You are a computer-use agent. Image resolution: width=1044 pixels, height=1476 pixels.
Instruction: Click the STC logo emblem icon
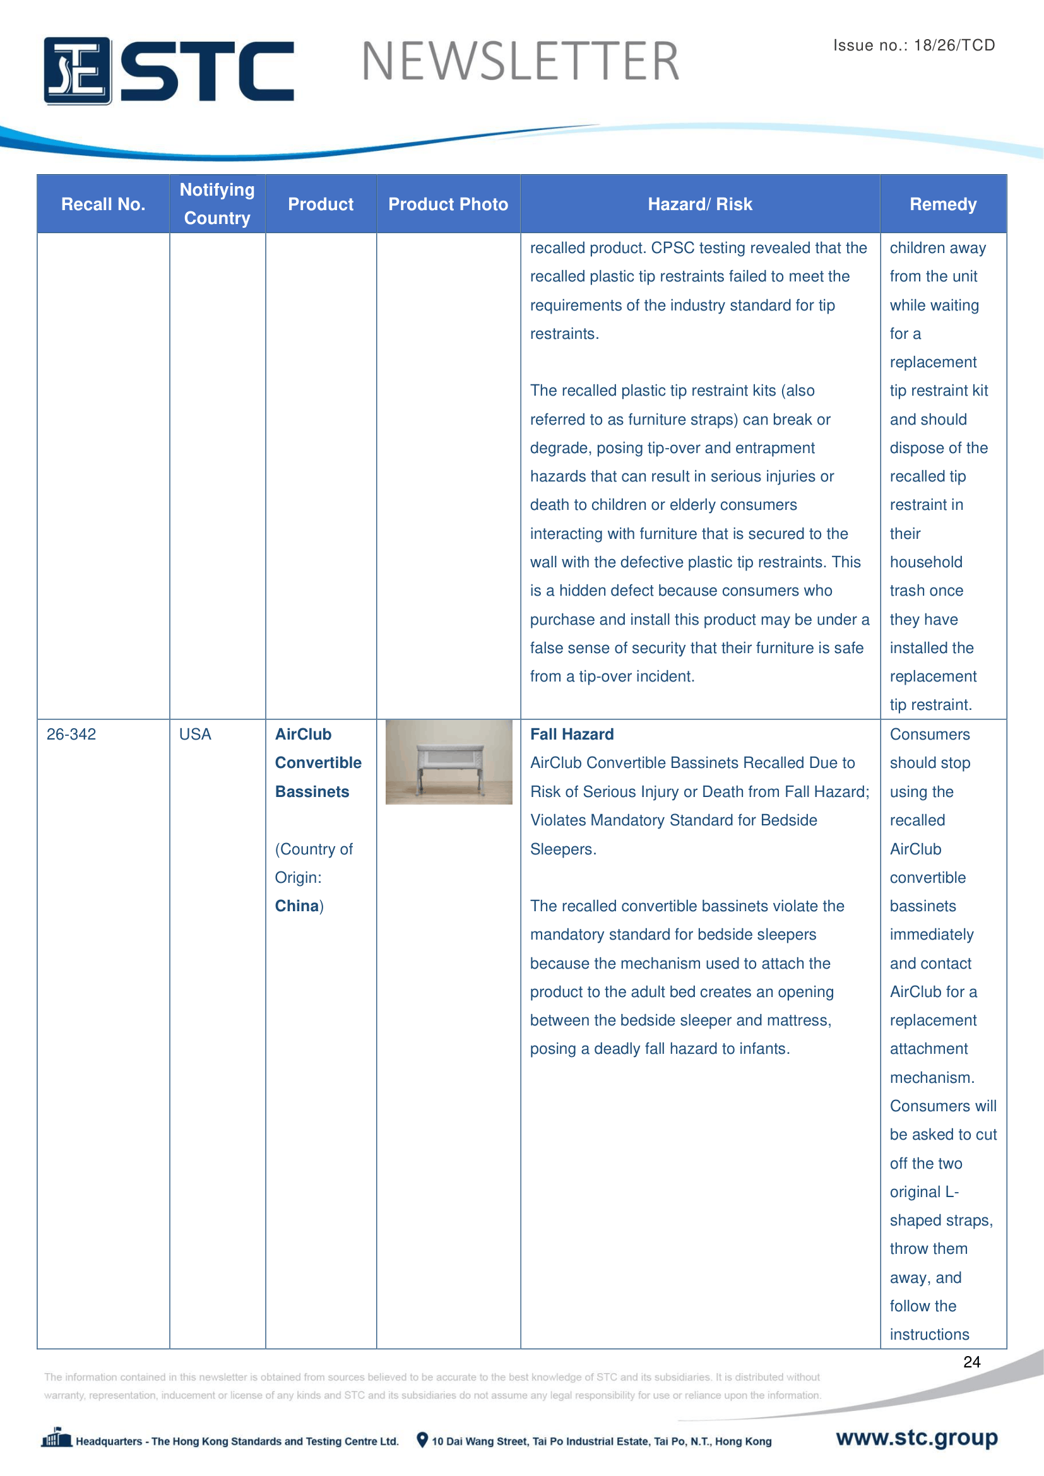click(x=77, y=71)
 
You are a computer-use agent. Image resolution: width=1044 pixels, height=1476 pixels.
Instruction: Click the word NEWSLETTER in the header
click(x=520, y=62)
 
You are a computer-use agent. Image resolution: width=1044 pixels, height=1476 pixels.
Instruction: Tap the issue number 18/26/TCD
click(x=954, y=45)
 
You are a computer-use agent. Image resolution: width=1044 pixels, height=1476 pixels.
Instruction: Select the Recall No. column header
click(x=103, y=204)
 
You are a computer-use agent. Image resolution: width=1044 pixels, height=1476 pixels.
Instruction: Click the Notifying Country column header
click(x=217, y=204)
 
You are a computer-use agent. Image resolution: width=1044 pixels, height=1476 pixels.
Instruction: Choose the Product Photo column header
click(x=448, y=204)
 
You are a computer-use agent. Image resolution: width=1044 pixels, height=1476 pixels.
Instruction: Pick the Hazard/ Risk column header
click(x=699, y=204)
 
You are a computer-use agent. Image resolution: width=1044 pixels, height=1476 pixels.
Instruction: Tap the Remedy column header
click(x=942, y=204)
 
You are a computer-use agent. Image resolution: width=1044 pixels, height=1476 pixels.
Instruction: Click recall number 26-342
click(x=71, y=734)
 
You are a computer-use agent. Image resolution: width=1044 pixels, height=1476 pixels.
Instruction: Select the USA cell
click(x=195, y=734)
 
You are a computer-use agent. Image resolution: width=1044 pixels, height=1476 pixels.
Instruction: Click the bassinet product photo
click(x=449, y=762)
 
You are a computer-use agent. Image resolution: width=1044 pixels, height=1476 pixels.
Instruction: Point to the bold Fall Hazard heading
click(x=571, y=734)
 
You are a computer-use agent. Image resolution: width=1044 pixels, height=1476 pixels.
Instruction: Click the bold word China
click(x=297, y=906)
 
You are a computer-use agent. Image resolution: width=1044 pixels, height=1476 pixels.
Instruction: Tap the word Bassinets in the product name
click(x=312, y=791)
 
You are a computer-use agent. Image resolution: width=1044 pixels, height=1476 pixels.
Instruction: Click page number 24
click(x=971, y=1362)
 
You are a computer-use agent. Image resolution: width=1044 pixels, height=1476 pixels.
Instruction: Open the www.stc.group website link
click(x=916, y=1438)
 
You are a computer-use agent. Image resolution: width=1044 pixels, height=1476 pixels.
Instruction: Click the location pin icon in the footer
click(x=422, y=1440)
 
